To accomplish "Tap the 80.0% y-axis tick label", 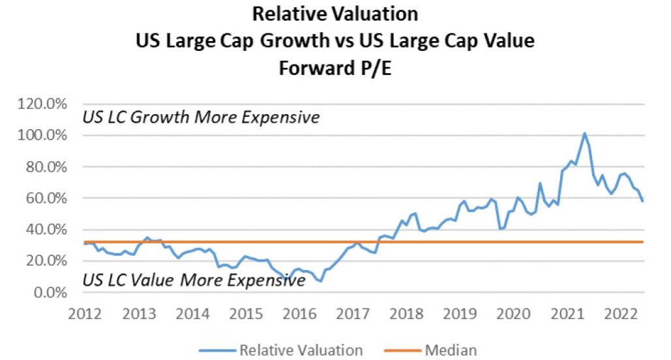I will pos(47,167).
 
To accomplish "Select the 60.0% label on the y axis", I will pos(47,198).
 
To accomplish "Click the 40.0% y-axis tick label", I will pos(47,230).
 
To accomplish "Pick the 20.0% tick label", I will pos(47,261).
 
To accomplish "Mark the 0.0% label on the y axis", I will pos(51,292).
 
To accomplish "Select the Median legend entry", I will pos(448,350).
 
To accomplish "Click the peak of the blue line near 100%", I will pos(584,134).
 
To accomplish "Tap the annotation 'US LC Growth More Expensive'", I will pos(201,118).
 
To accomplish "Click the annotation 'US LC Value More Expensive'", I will pos(194,280).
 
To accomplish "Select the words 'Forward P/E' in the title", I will pos(335,68).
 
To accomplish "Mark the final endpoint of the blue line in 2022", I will pos(642,201).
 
